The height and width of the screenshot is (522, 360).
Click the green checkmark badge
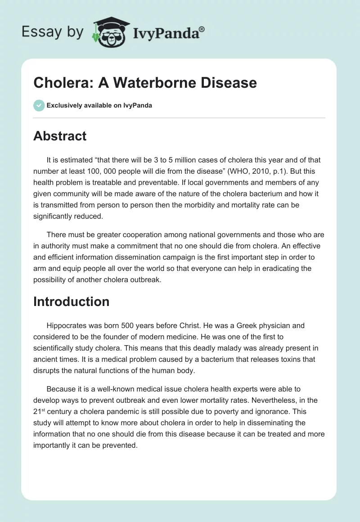[x=39, y=105]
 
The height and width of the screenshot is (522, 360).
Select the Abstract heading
[x=60, y=136]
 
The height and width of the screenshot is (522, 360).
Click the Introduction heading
[x=71, y=301]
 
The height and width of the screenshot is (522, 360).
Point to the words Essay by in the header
[x=53, y=32]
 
